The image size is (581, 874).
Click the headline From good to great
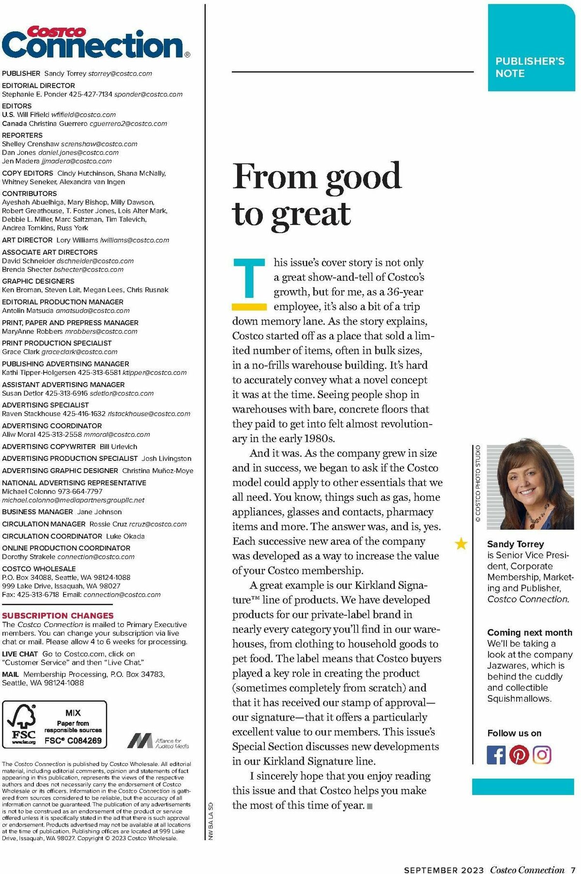(317, 195)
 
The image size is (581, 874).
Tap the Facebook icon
(495, 754)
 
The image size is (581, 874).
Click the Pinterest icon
(519, 754)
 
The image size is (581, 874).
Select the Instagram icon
(542, 754)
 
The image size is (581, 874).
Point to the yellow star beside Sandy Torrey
(461, 544)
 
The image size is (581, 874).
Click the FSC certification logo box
(54, 724)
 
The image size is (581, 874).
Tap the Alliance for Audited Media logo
(158, 741)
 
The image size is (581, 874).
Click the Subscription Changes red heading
(58, 615)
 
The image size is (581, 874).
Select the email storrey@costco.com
(120, 74)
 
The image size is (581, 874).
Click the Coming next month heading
(530, 632)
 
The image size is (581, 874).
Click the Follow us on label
(514, 733)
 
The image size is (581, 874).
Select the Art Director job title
(27, 240)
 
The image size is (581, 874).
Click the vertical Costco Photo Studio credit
(478, 483)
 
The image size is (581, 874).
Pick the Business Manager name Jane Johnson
(99, 512)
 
